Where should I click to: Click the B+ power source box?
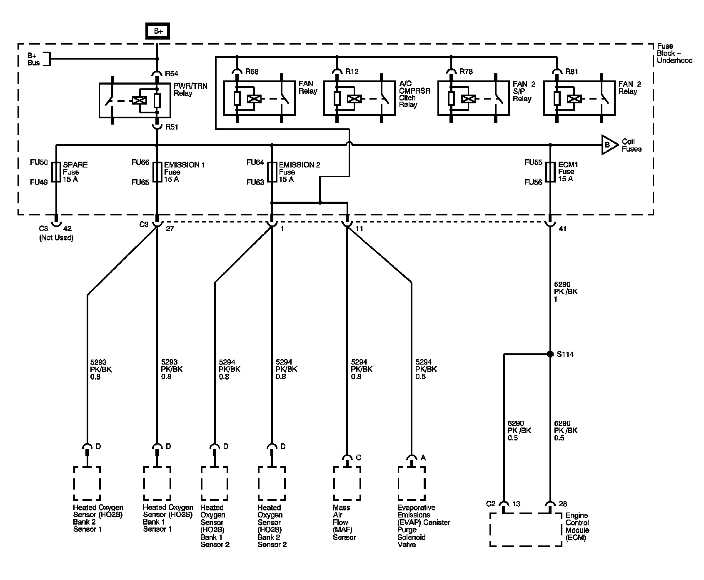point(157,31)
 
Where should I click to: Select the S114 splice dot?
point(550,354)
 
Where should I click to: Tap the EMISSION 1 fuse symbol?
point(157,172)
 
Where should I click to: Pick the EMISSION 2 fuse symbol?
point(272,172)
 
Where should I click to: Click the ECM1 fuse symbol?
point(550,172)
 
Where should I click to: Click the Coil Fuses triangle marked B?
point(610,145)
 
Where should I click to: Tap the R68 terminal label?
point(252,72)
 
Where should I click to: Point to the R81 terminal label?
point(572,72)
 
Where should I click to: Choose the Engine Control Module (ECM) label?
point(577,527)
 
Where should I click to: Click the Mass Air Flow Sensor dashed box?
point(347,483)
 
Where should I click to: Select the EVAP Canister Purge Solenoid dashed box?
point(412,483)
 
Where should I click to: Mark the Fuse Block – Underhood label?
point(674,53)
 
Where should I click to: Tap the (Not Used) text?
point(56,238)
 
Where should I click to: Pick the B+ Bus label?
point(34,59)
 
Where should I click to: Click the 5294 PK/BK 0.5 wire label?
point(426,370)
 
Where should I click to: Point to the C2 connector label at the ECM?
point(491,504)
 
